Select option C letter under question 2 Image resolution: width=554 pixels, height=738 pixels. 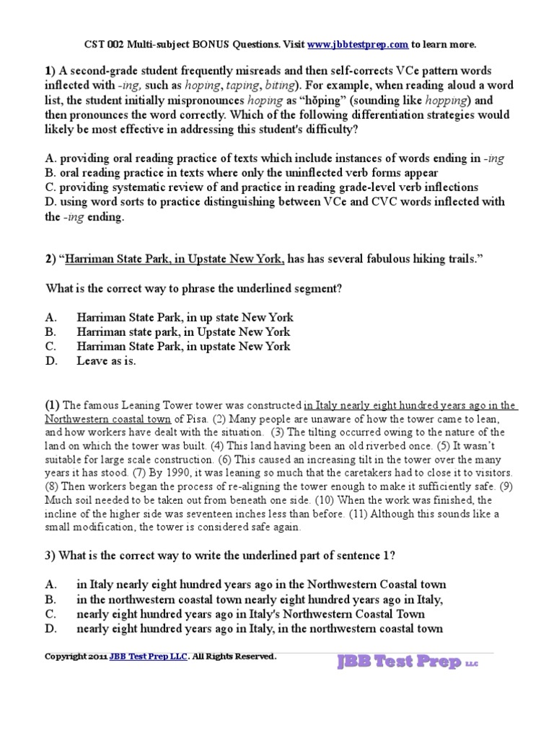(x=50, y=347)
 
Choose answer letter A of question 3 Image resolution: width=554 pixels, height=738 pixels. (x=50, y=584)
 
